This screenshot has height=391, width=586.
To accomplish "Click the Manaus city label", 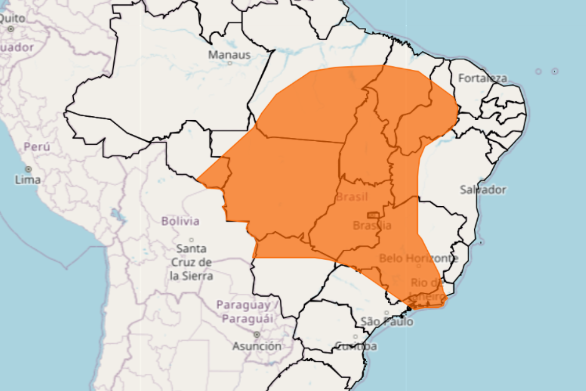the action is (230, 55).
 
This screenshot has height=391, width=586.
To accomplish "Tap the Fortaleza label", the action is (482, 78).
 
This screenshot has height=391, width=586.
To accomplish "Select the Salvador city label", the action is (482, 190).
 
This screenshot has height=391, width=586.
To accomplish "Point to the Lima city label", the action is (28, 180).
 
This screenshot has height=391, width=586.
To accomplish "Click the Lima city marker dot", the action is (28, 169).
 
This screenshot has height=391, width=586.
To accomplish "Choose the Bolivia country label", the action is (180, 221).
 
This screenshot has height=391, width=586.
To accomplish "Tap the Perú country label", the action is (37, 147).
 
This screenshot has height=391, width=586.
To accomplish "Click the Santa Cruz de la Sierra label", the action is (191, 262).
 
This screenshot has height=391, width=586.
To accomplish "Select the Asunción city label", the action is (256, 346).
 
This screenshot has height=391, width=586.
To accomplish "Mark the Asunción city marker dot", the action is (256, 335).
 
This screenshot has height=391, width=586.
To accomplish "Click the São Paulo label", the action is (387, 322).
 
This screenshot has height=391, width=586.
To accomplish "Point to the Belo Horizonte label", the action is (419, 258).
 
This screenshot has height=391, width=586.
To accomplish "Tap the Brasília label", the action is (372, 225).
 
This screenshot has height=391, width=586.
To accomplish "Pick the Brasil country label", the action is (352, 197).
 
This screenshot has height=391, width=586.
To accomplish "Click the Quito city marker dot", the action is (11, 29).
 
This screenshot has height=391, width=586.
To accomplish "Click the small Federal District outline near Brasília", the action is (373, 215).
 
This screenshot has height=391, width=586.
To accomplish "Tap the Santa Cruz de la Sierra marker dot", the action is (191, 240).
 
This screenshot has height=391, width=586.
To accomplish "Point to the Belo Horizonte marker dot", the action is (419, 266).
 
